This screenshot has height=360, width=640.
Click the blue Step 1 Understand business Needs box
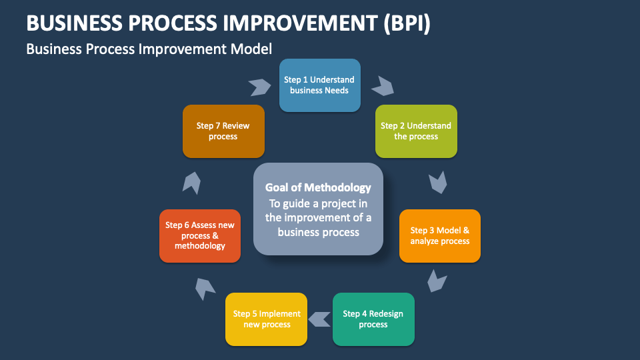pos(319,85)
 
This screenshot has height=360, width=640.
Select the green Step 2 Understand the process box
pos(416,131)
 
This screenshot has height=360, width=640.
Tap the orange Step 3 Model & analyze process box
pos(439,236)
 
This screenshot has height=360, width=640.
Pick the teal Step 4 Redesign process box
pos(373,319)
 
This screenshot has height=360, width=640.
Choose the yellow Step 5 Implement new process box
pos(266,319)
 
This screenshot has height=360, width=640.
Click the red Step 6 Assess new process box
pos(199,236)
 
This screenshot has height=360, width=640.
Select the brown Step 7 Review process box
pos(223,131)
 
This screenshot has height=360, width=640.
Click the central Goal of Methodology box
pos(318,209)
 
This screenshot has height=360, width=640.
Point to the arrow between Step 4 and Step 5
pos(319,319)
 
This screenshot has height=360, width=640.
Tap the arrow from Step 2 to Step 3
pos(439,183)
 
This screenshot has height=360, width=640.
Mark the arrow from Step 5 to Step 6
pos(204,288)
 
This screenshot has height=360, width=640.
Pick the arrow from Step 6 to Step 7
pos(192,183)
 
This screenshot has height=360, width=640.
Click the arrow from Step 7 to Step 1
pos(260,87)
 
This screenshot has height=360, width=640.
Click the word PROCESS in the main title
pos(173,23)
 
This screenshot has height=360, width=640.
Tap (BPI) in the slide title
pos(407,23)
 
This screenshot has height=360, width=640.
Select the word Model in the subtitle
pos(251,49)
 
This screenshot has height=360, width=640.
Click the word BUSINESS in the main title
pos(74,23)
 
